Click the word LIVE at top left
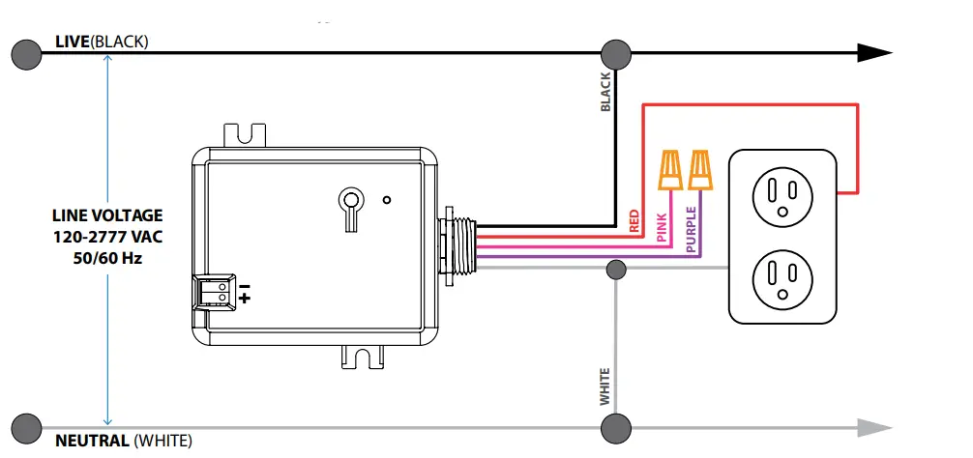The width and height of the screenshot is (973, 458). pyautogui.click(x=72, y=43)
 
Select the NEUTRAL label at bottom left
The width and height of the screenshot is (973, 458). pyautogui.click(x=93, y=441)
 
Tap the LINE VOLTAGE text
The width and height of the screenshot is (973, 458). pyautogui.click(x=107, y=215)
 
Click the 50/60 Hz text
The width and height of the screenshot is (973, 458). pyautogui.click(x=107, y=258)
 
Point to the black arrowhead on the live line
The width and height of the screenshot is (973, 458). pyautogui.click(x=874, y=54)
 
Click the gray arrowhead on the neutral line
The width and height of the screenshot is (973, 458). pyautogui.click(x=874, y=426)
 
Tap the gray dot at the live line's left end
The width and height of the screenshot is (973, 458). pyautogui.click(x=26, y=54)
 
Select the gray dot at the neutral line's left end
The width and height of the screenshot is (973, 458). pyautogui.click(x=26, y=426)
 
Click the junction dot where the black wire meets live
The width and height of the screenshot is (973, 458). pyautogui.click(x=615, y=54)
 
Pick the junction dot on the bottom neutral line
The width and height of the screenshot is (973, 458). pyautogui.click(x=615, y=426)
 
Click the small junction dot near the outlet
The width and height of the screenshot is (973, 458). pyautogui.click(x=615, y=269)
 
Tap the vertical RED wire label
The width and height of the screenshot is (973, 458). pyautogui.click(x=635, y=221)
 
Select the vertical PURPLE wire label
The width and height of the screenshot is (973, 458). pyautogui.click(x=691, y=229)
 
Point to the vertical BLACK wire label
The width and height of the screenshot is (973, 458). pyautogui.click(x=606, y=93)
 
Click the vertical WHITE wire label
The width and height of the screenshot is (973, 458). pyautogui.click(x=605, y=386)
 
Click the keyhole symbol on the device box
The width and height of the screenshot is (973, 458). pyautogui.click(x=348, y=206)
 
